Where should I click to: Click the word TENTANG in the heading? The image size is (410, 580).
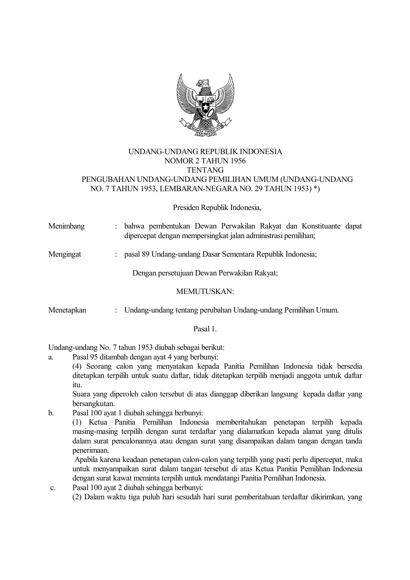(205, 170)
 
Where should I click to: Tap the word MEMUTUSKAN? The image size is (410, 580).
(205, 292)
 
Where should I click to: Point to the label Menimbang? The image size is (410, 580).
(66, 226)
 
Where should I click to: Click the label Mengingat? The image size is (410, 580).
(65, 254)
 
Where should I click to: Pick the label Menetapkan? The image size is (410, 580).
(67, 310)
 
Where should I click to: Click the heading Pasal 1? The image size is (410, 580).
(205, 329)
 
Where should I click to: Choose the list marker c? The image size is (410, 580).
(53, 487)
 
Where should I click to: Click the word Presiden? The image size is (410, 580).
(184, 208)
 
